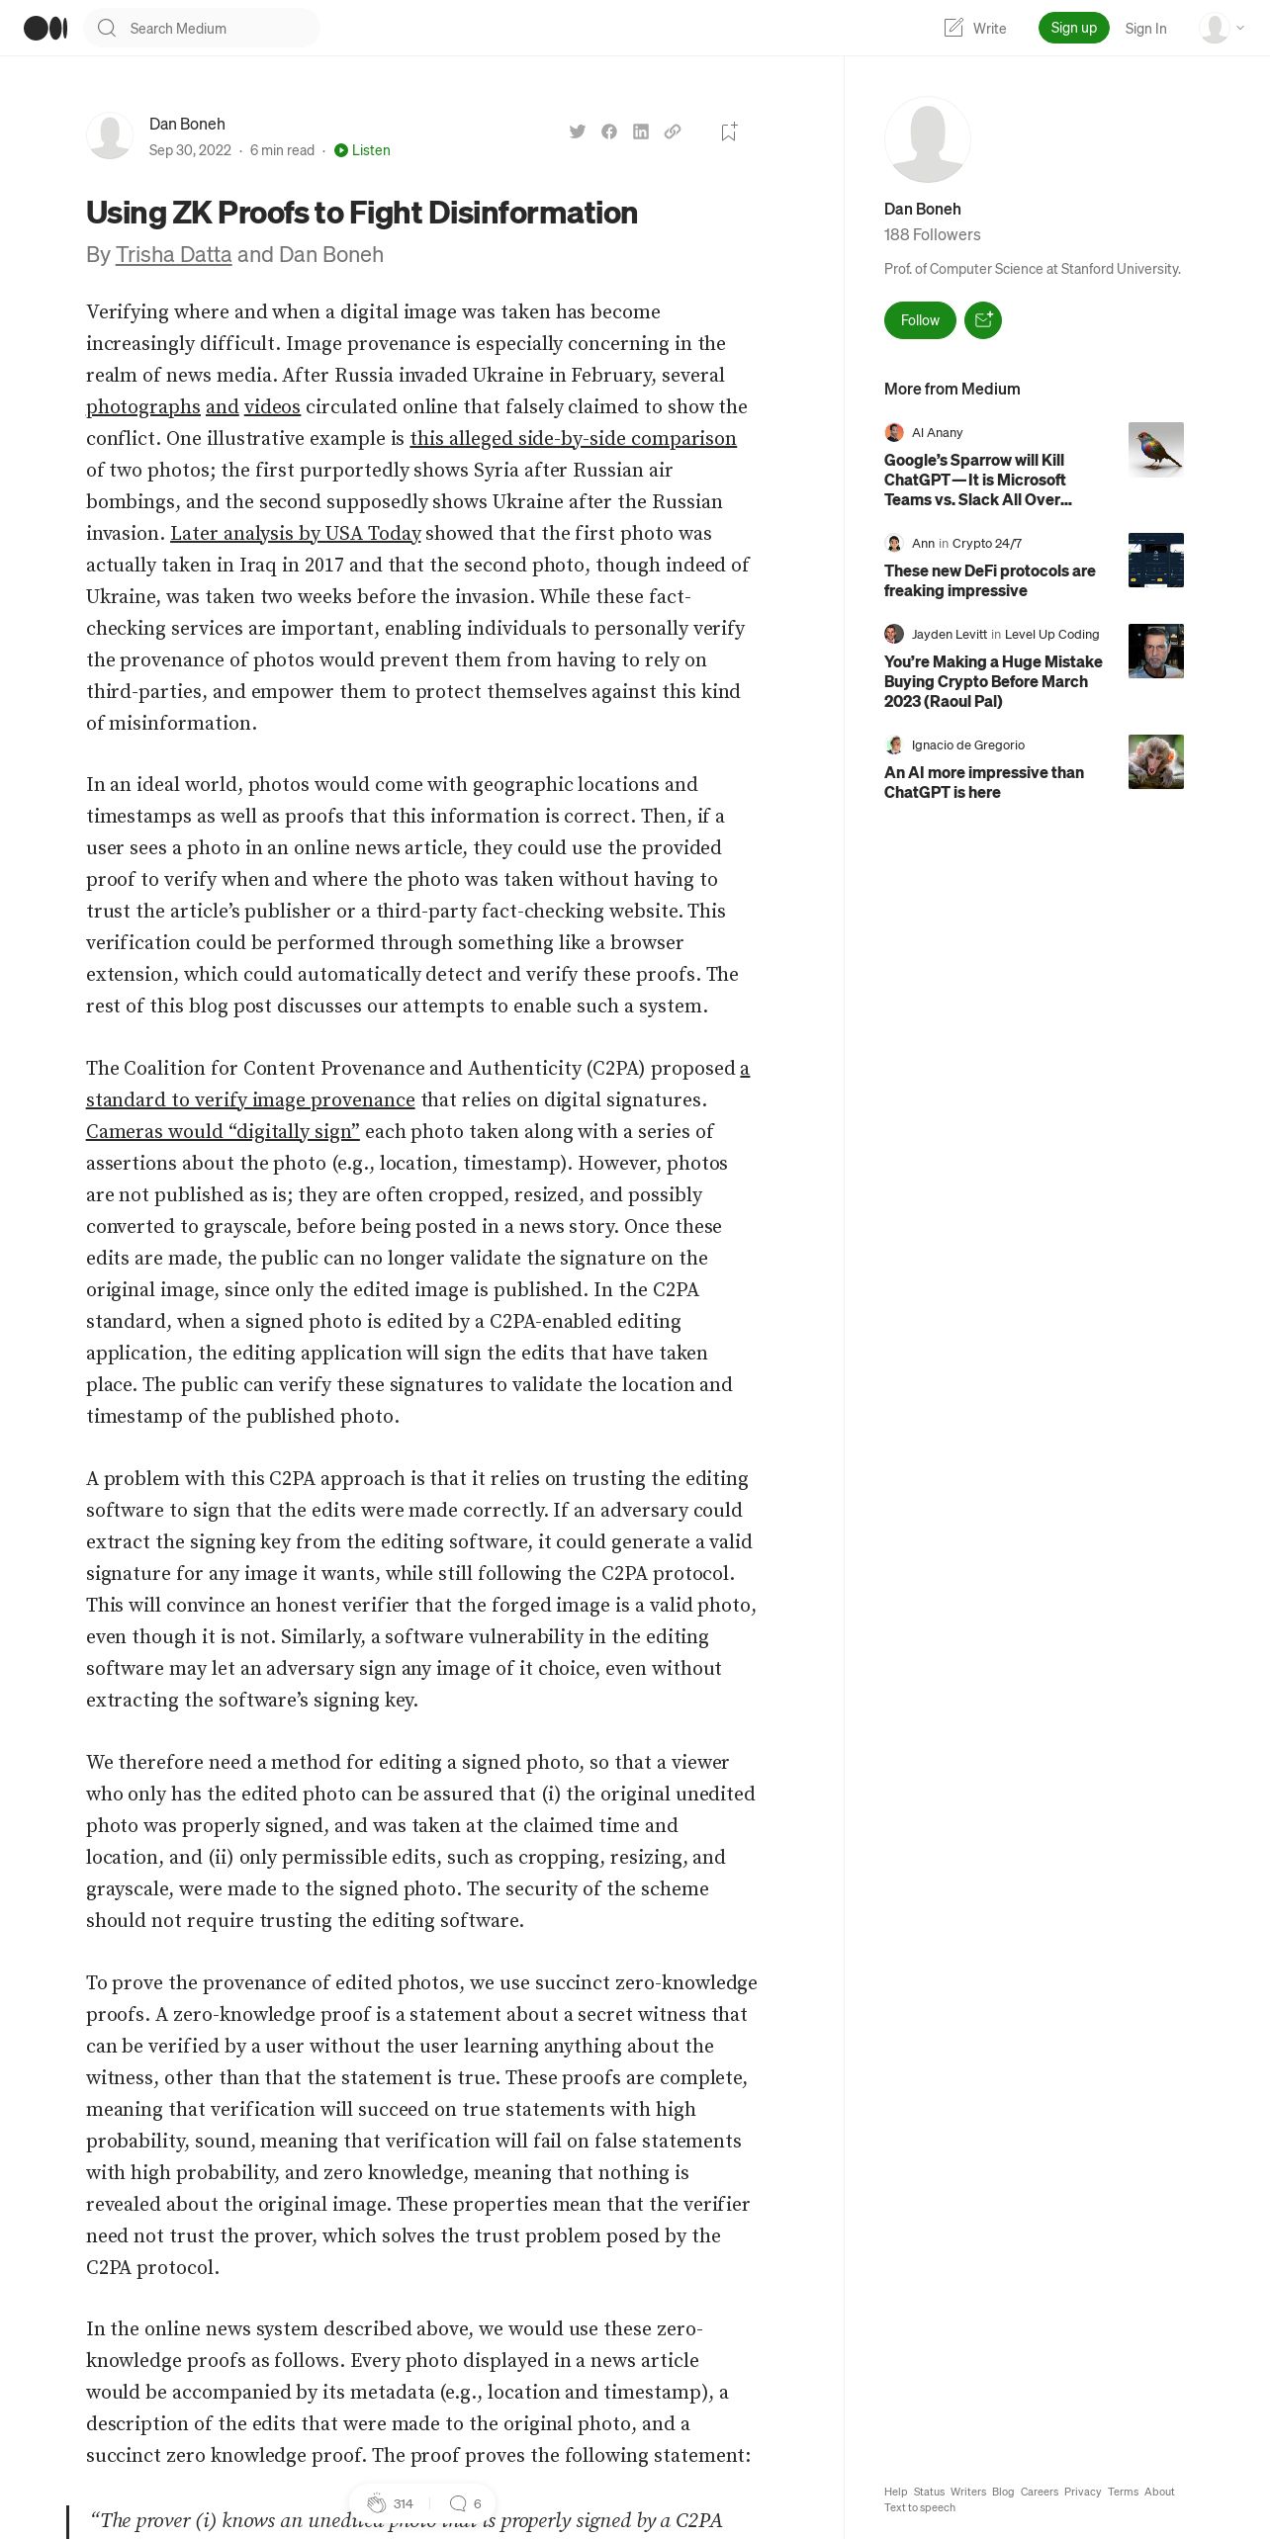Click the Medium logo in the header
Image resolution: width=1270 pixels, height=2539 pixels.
click(45, 28)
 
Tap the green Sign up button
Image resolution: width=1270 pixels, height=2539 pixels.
click(1073, 28)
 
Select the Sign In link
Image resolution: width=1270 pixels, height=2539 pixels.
click(1145, 29)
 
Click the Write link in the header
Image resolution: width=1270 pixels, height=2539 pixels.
click(975, 29)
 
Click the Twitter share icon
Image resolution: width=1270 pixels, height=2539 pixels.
click(578, 131)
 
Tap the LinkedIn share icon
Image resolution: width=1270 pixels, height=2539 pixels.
click(641, 131)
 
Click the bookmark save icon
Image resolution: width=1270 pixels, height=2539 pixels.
click(729, 131)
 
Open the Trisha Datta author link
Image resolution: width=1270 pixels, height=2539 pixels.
click(173, 255)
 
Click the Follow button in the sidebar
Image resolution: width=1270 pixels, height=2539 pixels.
click(920, 320)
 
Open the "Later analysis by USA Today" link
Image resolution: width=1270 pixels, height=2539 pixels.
click(296, 534)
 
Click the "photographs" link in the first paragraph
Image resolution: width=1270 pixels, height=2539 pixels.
click(143, 407)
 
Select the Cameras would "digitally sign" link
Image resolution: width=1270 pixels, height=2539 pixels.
click(223, 1132)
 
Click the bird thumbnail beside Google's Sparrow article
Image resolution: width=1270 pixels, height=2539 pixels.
click(1155, 450)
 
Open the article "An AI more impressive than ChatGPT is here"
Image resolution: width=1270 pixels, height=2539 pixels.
click(983, 782)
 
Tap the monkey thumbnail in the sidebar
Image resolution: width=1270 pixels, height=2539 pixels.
click(1155, 761)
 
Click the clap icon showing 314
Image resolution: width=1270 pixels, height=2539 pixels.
click(377, 2503)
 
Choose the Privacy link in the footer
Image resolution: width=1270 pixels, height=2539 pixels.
click(1082, 2492)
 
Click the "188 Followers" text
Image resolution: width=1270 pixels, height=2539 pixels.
click(932, 235)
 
